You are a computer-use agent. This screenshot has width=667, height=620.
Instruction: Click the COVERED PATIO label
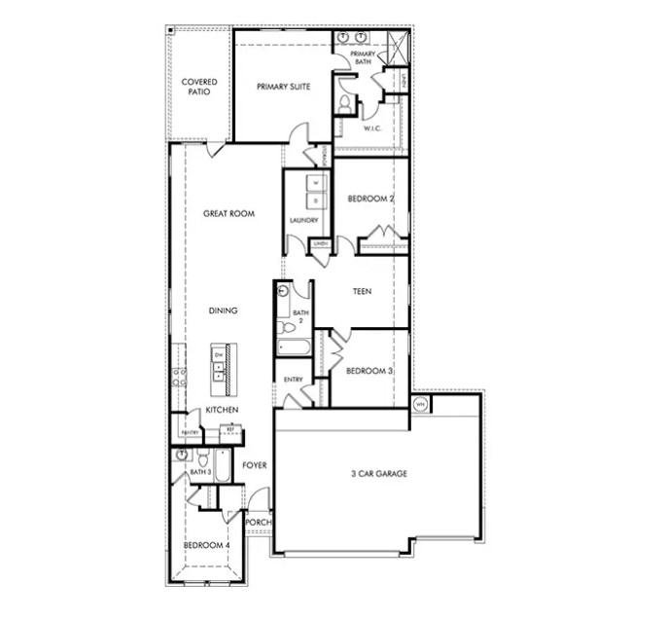[199, 87]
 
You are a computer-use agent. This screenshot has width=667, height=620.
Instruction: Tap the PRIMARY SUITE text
[283, 87]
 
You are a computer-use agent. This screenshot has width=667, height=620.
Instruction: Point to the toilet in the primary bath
[344, 104]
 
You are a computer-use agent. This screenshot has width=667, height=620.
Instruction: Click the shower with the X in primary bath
[395, 43]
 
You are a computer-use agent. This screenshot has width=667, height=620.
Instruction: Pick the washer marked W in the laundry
[315, 183]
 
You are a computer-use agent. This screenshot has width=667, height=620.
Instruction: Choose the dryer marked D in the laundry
[315, 201]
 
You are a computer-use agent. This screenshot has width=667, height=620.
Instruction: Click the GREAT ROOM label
[228, 213]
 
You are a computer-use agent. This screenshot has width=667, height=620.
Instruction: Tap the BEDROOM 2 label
[370, 199]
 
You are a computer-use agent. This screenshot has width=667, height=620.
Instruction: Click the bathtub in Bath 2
[293, 347]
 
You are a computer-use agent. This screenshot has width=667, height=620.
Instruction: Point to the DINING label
[223, 310]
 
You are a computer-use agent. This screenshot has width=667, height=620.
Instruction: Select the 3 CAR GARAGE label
[378, 474]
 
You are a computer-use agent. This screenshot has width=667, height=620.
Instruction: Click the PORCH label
[258, 523]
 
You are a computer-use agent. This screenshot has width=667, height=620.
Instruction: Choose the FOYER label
[255, 465]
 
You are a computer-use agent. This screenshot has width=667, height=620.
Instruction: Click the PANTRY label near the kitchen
[190, 432]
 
